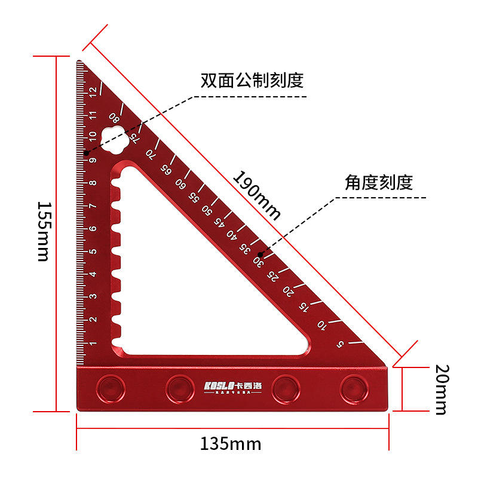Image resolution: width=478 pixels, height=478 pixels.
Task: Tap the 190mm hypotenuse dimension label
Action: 257,195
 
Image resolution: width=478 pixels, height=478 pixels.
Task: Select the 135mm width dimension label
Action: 230,444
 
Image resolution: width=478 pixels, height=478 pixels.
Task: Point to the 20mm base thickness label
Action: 440,389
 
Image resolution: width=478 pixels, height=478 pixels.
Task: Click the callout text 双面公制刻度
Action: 252,80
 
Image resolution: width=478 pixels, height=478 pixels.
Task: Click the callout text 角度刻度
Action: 378,182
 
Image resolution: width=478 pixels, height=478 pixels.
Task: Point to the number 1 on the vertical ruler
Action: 93,344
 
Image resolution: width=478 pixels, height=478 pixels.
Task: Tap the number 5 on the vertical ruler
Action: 93,252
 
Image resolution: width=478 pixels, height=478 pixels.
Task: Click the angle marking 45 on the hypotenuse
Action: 219,222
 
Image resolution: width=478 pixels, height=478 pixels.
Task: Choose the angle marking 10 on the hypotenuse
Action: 323,325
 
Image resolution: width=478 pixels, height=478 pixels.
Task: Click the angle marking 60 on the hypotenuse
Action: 180,183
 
